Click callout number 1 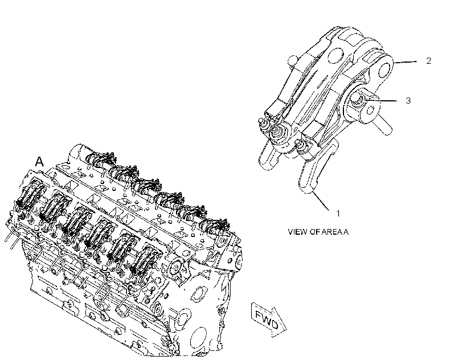click(x=338, y=214)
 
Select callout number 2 click(x=429, y=61)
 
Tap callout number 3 click(x=408, y=101)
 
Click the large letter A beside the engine click(x=39, y=161)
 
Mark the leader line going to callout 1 click(x=321, y=201)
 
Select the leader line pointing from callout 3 click(x=382, y=100)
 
